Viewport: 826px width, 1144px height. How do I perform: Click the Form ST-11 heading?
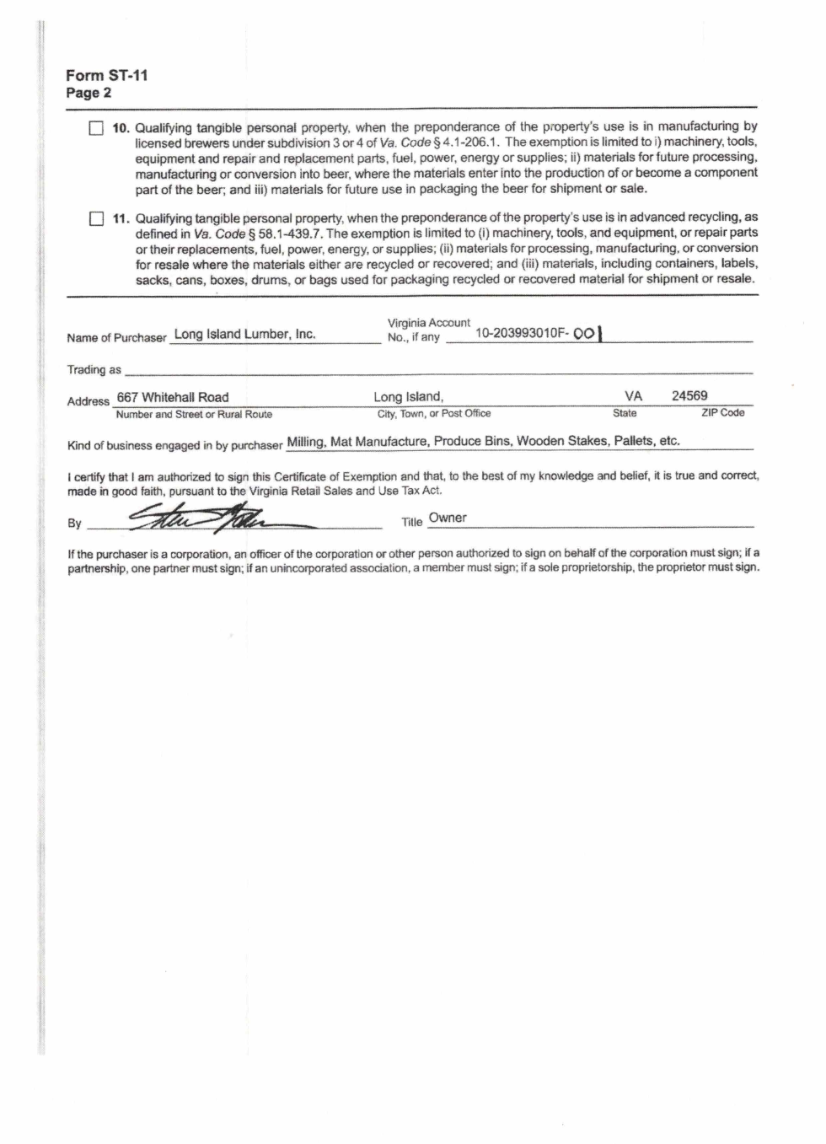tap(107, 75)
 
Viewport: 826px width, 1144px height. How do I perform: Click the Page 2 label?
tap(88, 93)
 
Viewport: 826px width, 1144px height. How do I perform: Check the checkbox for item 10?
tap(96, 128)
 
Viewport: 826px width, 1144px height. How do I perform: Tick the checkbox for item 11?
tap(96, 219)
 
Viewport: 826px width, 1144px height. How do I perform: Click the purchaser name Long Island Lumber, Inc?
tap(244, 334)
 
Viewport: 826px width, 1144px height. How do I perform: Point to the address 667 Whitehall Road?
tap(173, 397)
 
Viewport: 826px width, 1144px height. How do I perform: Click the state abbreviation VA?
tap(634, 396)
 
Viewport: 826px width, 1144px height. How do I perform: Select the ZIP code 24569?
tap(689, 395)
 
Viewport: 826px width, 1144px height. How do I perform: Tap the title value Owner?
tap(448, 518)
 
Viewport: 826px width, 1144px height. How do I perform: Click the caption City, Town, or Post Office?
tap(434, 414)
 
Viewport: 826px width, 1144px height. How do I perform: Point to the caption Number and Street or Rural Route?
tap(194, 414)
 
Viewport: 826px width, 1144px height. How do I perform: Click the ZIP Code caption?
tap(722, 413)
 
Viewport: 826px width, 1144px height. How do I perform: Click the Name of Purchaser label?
tap(117, 338)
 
